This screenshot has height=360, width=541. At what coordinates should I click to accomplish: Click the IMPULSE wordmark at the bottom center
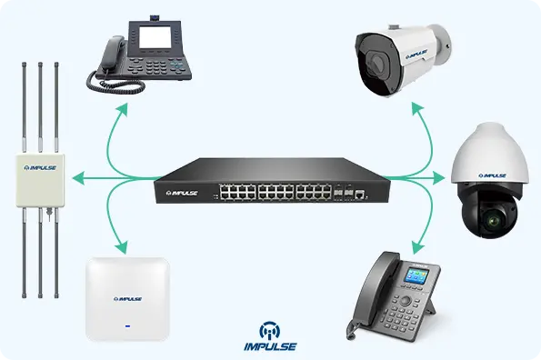(x=271, y=346)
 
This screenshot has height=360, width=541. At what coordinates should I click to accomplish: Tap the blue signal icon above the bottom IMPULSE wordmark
(x=271, y=328)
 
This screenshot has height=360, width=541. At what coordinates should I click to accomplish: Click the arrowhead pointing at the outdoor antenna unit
(x=78, y=176)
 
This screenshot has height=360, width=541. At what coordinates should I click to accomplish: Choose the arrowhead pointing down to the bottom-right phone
(x=416, y=246)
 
